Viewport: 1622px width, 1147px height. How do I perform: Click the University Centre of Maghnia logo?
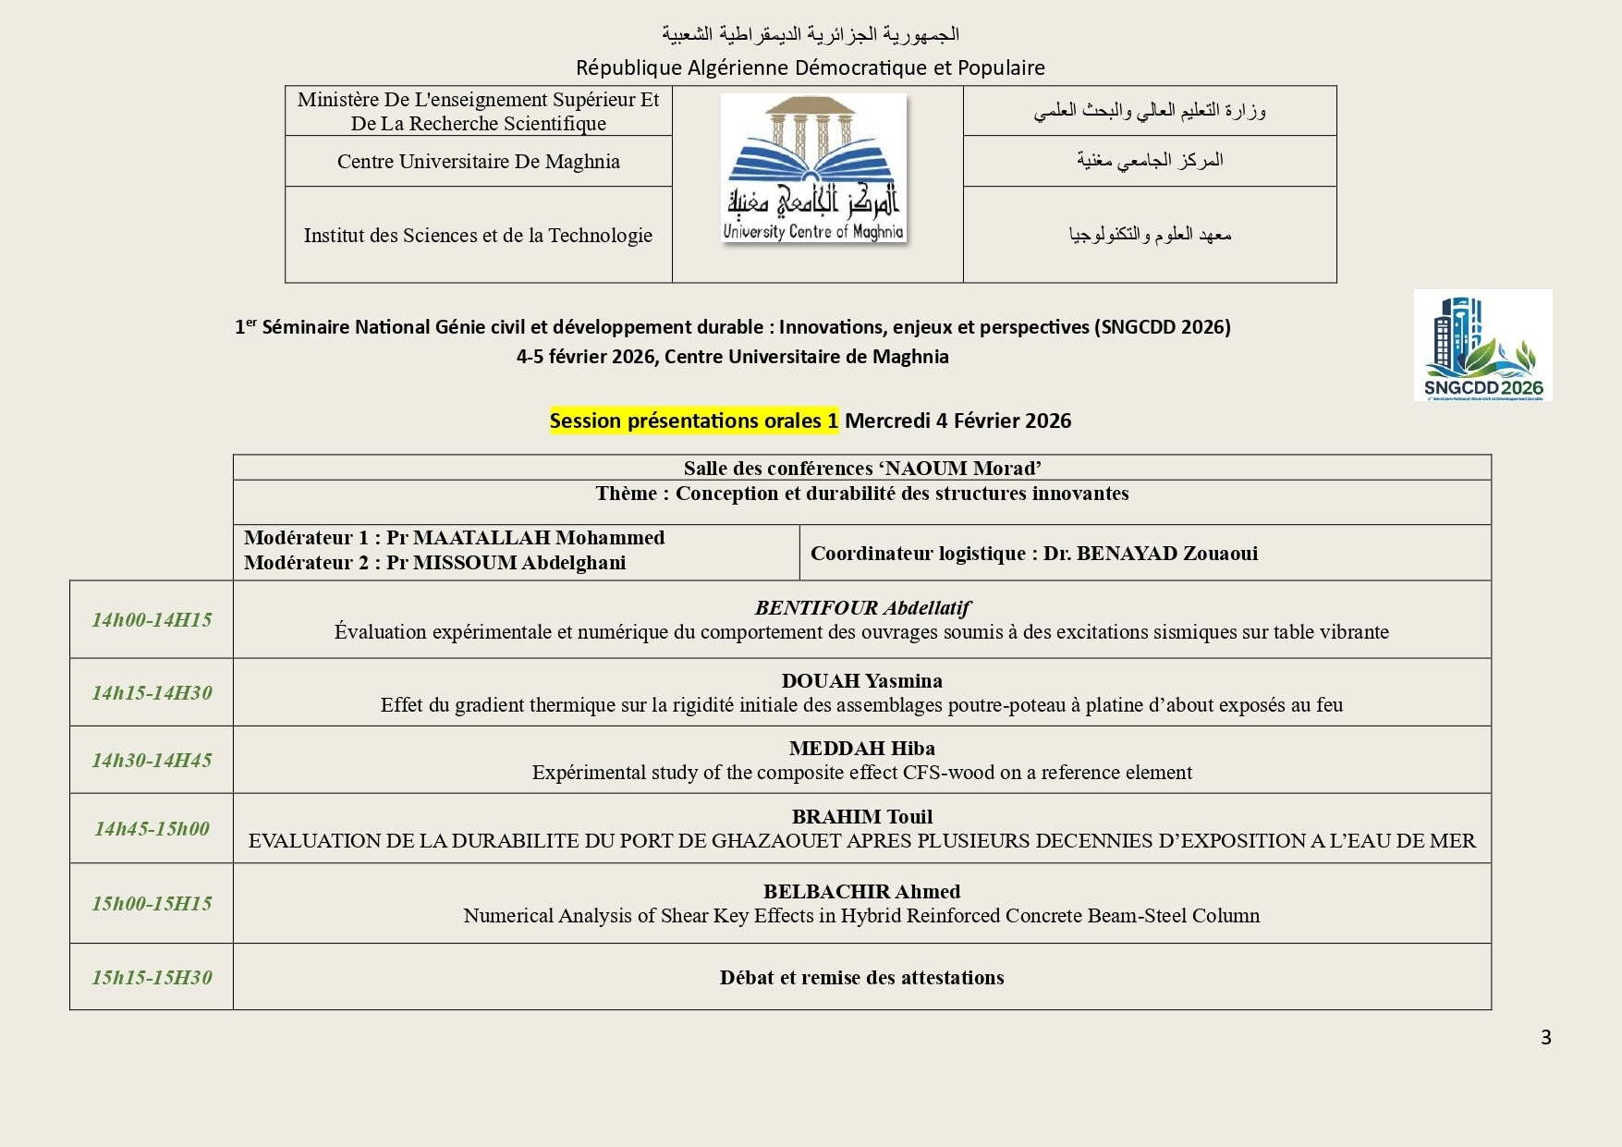click(813, 169)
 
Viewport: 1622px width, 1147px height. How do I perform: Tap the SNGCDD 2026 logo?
click(1482, 345)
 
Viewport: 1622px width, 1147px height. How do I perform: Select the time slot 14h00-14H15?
click(152, 620)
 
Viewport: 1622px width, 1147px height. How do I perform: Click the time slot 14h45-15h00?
click(152, 829)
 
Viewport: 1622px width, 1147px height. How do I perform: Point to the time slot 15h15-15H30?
click(152, 978)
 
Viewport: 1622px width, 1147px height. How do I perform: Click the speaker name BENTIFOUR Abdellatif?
click(862, 608)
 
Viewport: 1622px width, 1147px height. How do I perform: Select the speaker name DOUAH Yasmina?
click(861, 681)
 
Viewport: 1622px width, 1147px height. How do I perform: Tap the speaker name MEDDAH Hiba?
click(861, 749)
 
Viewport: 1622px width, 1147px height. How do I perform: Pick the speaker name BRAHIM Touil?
click(861, 817)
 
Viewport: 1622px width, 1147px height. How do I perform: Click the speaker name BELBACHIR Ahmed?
click(861, 892)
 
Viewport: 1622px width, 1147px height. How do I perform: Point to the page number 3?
click(1546, 1038)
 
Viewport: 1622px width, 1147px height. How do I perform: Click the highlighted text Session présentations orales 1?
click(693, 421)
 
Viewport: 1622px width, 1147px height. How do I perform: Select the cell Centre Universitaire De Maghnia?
click(478, 162)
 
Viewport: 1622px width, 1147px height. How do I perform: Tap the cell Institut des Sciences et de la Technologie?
click(478, 236)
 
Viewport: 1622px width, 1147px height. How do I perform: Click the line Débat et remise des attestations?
click(861, 978)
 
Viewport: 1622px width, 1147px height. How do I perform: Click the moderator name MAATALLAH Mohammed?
click(538, 538)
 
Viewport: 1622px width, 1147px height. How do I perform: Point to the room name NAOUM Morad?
click(962, 469)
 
